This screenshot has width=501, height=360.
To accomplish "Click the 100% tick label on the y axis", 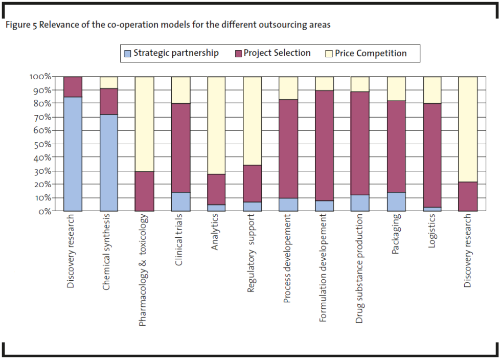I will pyautogui.click(x=40, y=77).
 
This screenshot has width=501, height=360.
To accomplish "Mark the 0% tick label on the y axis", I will pyautogui.click(x=43, y=211).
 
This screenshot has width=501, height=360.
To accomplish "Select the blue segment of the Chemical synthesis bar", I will pyautogui.click(x=108, y=163).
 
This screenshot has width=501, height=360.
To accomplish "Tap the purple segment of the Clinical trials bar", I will pyautogui.click(x=180, y=148).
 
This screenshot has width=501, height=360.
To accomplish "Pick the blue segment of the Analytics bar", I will pyautogui.click(x=216, y=208).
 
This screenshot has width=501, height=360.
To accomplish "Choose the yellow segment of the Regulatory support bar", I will pyautogui.click(x=252, y=121).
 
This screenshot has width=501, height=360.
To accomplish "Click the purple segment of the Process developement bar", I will pyautogui.click(x=288, y=149).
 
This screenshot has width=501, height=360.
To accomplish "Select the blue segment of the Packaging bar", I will pyautogui.click(x=396, y=201).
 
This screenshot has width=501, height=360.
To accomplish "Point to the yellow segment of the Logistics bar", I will pyautogui.click(x=432, y=90).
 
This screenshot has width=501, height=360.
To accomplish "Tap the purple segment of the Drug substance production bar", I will pyautogui.click(x=360, y=143).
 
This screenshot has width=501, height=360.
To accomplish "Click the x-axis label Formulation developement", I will pyautogui.click(x=323, y=268).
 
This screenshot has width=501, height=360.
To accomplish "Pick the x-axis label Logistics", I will pyautogui.click(x=431, y=234).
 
